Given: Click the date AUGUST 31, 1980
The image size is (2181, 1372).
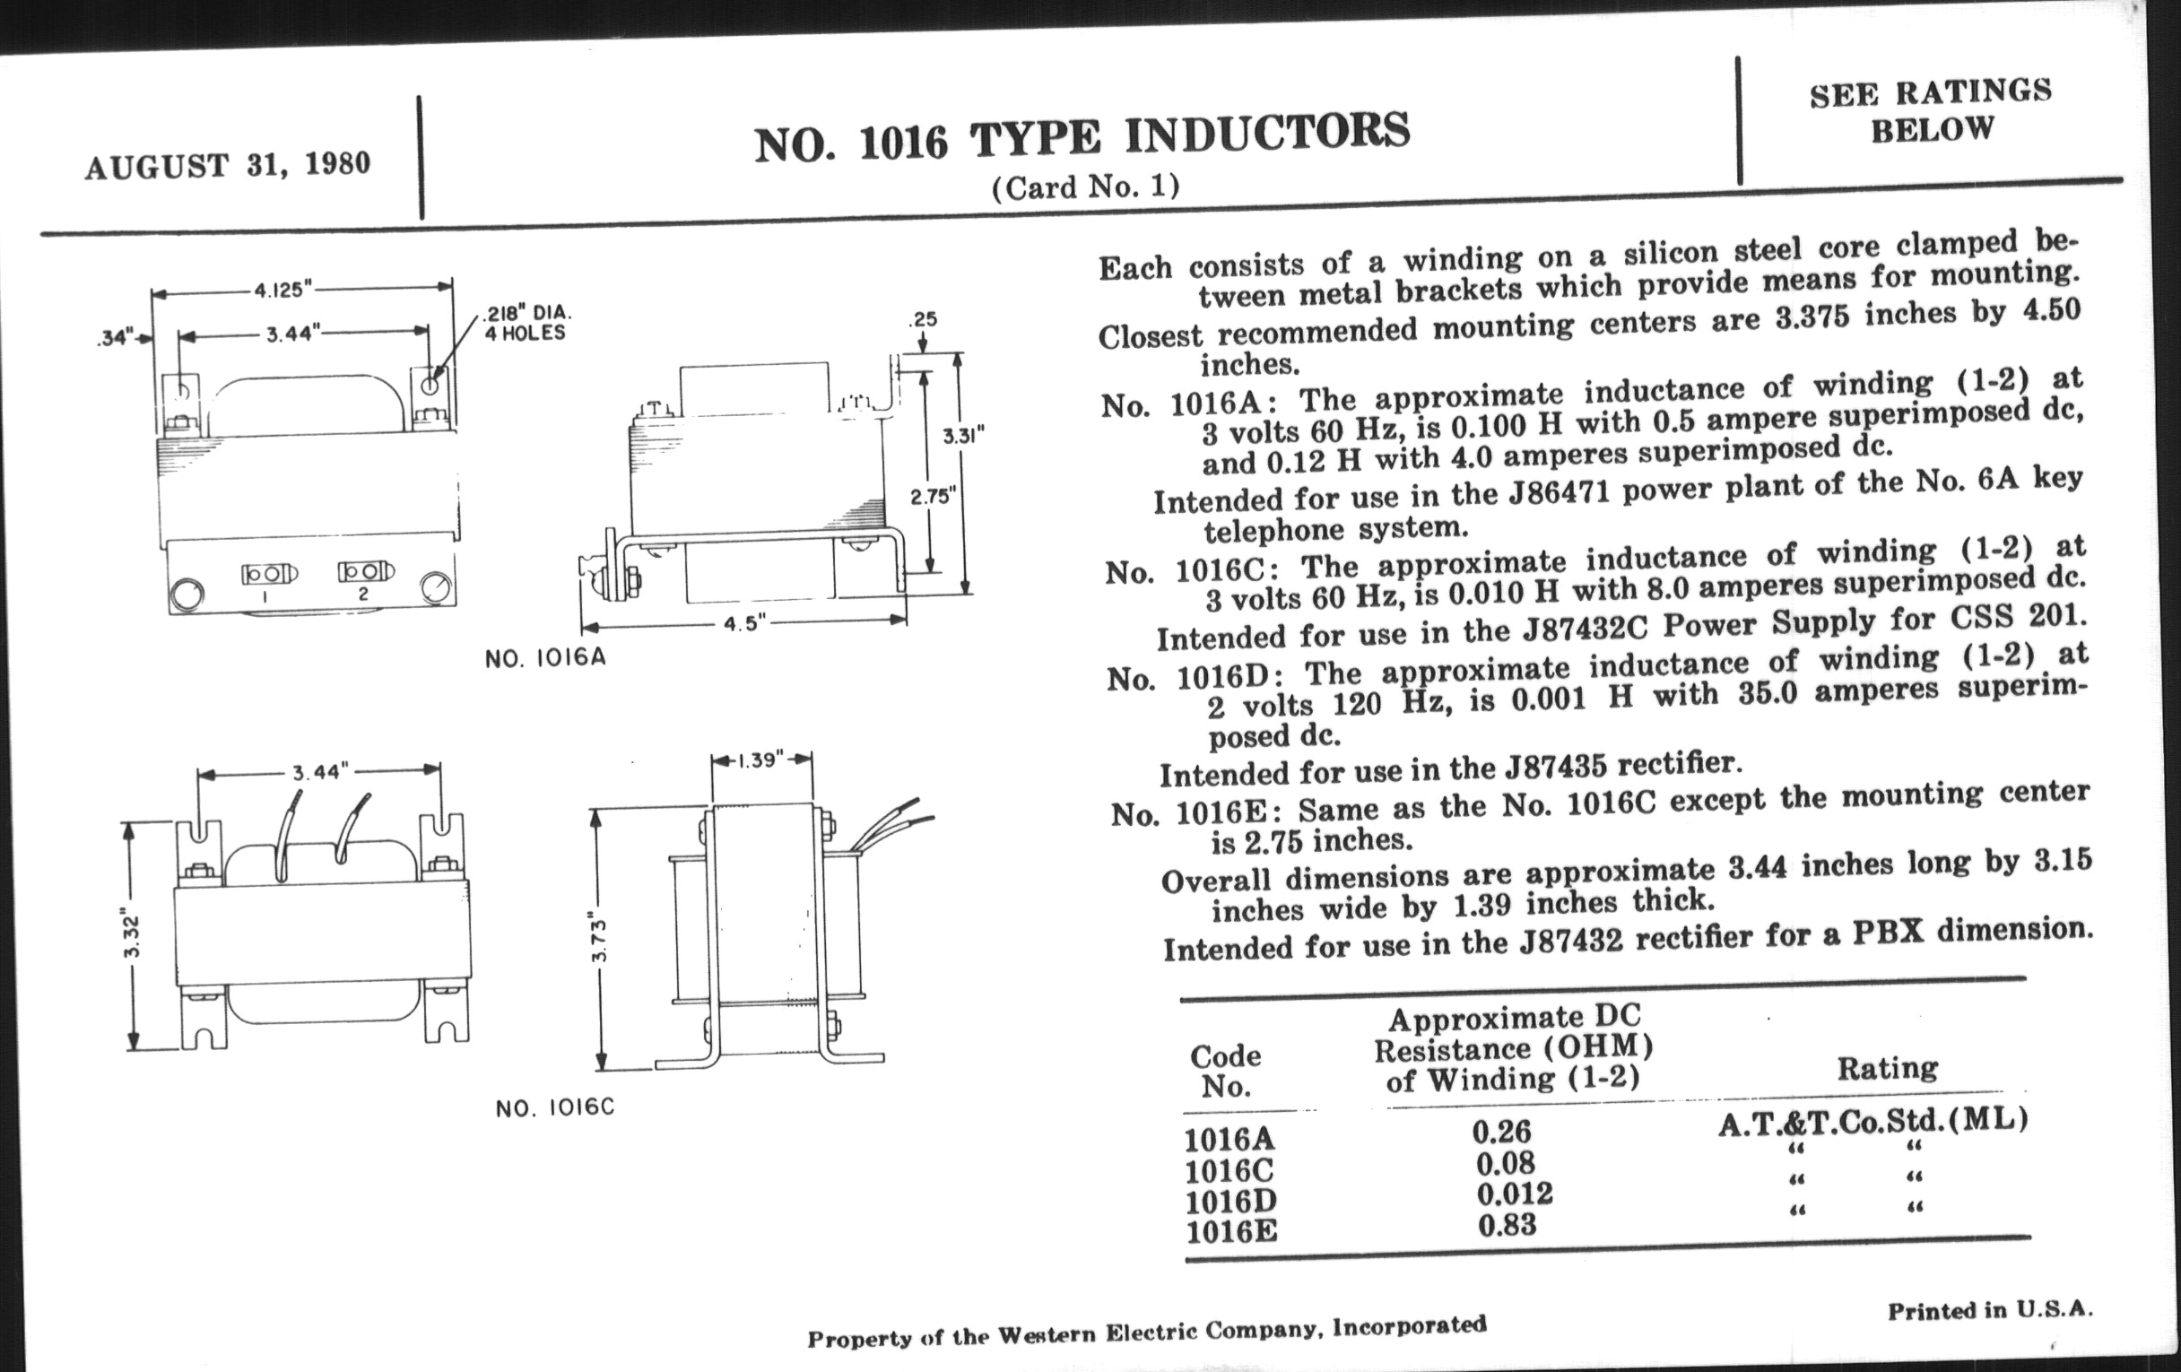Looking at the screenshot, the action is pyautogui.click(x=228, y=165).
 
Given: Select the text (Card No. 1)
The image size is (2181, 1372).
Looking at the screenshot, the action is pyautogui.click(x=1085, y=187).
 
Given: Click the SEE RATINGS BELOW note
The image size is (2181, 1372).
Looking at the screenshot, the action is pyautogui.click(x=1931, y=111).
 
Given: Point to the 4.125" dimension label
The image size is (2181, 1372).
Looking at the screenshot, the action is pyautogui.click(x=282, y=290).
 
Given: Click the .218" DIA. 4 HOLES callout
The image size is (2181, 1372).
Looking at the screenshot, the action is pyautogui.click(x=526, y=324).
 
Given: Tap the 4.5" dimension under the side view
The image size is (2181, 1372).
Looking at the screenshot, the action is pyautogui.click(x=744, y=624).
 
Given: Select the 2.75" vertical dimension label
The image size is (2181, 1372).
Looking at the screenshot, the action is pyautogui.click(x=932, y=496).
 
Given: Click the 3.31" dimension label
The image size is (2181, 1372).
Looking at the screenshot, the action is pyautogui.click(x=963, y=437).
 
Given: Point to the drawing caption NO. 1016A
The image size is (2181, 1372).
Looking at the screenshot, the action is pyautogui.click(x=545, y=658).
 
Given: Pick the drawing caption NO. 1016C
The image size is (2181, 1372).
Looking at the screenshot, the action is pyautogui.click(x=555, y=1107).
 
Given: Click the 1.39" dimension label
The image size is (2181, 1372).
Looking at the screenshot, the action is pyautogui.click(x=760, y=760).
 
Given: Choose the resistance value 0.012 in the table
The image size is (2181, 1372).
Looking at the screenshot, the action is pyautogui.click(x=1515, y=1194).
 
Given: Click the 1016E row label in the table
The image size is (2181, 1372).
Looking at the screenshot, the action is pyautogui.click(x=1232, y=1231).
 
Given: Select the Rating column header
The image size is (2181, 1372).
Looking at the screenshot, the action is pyautogui.click(x=1888, y=1069).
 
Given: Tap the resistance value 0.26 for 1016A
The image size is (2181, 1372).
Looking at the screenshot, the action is pyautogui.click(x=1502, y=1131).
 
